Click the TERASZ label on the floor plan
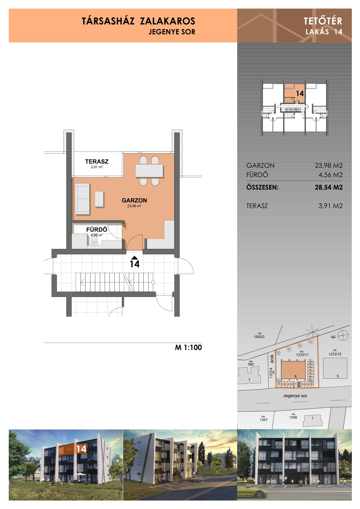[97, 161]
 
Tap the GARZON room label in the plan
[134, 200]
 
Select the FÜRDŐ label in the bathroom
[97, 229]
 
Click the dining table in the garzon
[149, 171]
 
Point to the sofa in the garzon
[82, 199]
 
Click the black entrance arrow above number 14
[134, 257]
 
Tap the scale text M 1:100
[188, 347]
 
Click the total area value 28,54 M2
[329, 187]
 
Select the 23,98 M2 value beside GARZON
[329, 165]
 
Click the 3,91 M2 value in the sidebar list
[330, 206]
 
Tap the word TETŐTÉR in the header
[323, 21]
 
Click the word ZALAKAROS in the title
[167, 21]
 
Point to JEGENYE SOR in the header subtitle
[172, 32]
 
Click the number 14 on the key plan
[300, 93]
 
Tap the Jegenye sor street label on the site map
[295, 396]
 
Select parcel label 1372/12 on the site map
[335, 354]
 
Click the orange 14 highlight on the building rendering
[73, 449]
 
